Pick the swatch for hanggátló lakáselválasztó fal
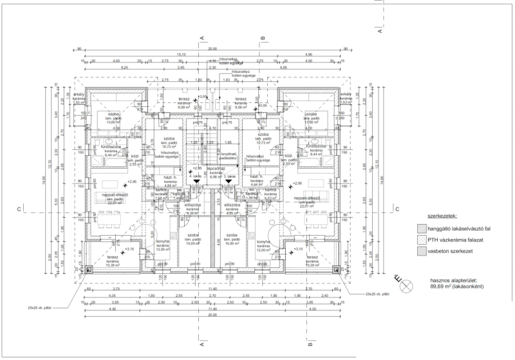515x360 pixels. coord(422,229)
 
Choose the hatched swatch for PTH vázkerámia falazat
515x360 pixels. coord(422,240)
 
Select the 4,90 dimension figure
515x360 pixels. coord(309,55)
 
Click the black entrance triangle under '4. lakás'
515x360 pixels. coord(196,182)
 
